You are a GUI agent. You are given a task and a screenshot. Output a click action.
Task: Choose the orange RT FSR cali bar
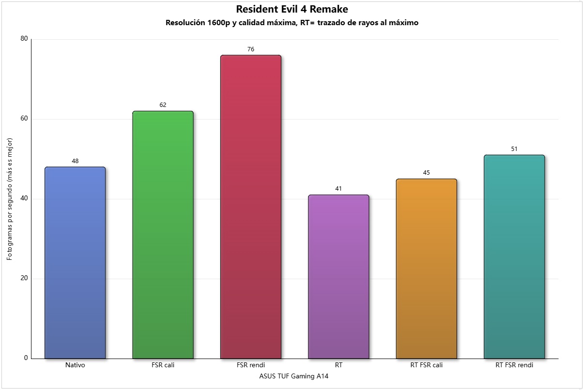(x=426, y=269)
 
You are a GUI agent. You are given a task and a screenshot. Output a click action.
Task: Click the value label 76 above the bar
(x=251, y=49)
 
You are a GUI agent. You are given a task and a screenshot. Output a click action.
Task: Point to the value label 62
(x=163, y=105)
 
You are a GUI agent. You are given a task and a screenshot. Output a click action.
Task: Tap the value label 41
(x=338, y=189)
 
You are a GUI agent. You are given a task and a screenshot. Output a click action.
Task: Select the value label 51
(x=514, y=149)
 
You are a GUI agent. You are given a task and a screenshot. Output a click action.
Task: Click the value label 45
(x=426, y=173)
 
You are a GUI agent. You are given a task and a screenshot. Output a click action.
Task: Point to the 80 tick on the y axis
(x=24, y=39)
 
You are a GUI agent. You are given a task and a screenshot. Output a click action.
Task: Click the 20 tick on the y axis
(x=24, y=279)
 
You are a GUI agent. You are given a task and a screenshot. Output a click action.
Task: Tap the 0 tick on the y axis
(x=26, y=358)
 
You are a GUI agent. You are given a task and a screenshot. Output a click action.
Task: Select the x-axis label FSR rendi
(x=251, y=365)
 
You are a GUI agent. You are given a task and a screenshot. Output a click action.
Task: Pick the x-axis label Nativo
(x=75, y=365)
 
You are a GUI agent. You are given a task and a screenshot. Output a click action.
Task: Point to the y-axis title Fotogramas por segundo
(x=10, y=198)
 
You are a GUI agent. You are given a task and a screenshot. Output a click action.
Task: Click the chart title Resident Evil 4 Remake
(x=292, y=9)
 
